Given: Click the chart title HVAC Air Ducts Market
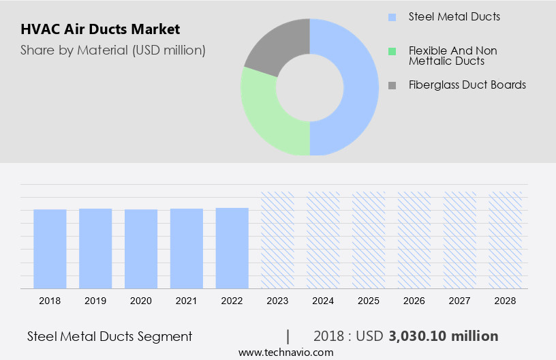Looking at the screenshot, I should pyautogui.click(x=100, y=30).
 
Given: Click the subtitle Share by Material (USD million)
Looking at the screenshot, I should pyautogui.click(x=112, y=50).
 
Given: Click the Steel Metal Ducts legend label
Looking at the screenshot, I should pyautogui.click(x=454, y=16).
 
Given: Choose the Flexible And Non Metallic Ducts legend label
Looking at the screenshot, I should pyautogui.click(x=452, y=56).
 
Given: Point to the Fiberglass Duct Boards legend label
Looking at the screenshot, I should pyautogui.click(x=467, y=85).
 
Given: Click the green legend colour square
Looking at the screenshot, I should pyautogui.click(x=391, y=51).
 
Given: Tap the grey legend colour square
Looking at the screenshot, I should pyautogui.click(x=391, y=85).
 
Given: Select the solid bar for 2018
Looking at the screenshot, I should pyautogui.click(x=50, y=248).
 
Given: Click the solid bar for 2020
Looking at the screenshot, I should pyautogui.click(x=141, y=248).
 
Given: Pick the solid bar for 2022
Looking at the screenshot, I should pyautogui.click(x=232, y=247).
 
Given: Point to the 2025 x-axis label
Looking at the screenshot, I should pyautogui.click(x=369, y=301).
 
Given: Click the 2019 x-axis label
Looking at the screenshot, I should pyautogui.click(x=95, y=301).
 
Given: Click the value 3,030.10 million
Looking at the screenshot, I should pyautogui.click(x=444, y=336).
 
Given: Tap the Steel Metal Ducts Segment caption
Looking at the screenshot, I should pyautogui.click(x=110, y=336).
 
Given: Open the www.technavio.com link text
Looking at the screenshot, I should pyautogui.click(x=285, y=352).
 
